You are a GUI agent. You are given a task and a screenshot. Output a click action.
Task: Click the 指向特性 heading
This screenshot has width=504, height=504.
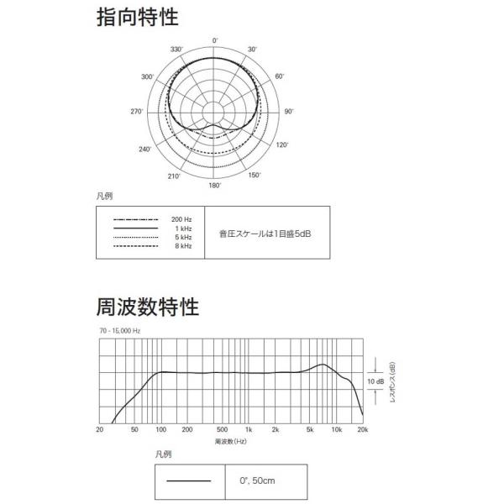click(x=138, y=17)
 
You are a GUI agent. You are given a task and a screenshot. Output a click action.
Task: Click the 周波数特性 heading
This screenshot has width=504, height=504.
click(x=148, y=307)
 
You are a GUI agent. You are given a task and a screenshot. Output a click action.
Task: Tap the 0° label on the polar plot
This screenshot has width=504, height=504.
click(x=215, y=40)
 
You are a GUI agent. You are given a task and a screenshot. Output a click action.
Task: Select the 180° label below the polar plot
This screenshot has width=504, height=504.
click(x=215, y=186)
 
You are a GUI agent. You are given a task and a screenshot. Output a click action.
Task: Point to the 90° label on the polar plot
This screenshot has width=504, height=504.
click(x=289, y=111)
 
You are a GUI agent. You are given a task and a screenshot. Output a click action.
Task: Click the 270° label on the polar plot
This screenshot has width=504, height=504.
click(x=137, y=112)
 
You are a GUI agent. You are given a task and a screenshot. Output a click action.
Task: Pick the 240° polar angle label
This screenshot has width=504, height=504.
click(x=145, y=150)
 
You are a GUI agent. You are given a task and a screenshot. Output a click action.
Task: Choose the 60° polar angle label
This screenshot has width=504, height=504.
click(x=280, y=76)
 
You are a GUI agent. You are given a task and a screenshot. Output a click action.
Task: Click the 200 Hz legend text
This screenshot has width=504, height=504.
click(x=181, y=219)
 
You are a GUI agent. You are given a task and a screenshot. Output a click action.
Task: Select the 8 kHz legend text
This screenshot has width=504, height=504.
click(x=183, y=246)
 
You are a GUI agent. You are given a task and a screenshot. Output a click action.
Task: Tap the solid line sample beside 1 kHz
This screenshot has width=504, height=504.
click(x=135, y=228)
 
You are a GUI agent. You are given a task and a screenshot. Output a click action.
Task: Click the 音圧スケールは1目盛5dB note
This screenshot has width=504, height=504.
click(x=265, y=234)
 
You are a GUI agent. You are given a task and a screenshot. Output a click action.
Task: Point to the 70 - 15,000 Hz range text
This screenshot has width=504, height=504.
click(x=120, y=331)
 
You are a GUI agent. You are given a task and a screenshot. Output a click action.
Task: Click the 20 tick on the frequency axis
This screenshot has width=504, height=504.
click(x=100, y=429)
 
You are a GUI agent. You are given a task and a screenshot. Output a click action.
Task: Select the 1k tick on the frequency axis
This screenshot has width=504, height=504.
click(x=249, y=429)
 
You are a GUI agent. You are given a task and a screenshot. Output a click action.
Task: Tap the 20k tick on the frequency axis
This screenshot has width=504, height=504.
click(x=363, y=429)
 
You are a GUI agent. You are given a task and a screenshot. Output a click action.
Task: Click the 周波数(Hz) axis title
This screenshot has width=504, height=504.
click(x=231, y=441)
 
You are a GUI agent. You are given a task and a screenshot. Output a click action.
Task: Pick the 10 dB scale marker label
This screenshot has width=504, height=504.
click(x=375, y=381)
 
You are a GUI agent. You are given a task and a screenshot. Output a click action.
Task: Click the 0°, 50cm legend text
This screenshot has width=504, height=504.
click(x=257, y=480)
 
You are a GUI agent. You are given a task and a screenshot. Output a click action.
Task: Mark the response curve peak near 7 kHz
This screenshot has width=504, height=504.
click(x=323, y=365)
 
